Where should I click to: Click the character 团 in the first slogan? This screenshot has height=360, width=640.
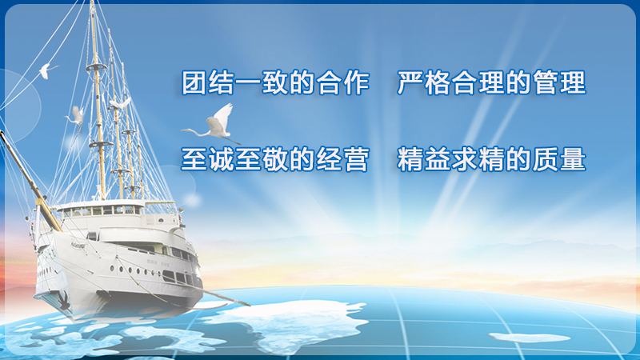[194, 83]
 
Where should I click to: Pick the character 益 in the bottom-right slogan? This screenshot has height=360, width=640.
[437, 159]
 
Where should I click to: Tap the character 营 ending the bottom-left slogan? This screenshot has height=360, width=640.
[356, 159]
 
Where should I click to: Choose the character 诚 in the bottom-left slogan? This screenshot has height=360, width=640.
[221, 159]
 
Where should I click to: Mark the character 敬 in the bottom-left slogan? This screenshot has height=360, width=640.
[275, 159]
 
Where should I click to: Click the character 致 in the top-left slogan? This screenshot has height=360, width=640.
[275, 83]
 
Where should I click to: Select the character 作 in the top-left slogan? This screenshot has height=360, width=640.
[356, 83]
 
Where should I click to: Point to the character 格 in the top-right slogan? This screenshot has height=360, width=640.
[437, 83]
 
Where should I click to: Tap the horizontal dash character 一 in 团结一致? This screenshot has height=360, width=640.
[248, 84]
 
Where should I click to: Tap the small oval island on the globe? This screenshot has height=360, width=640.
[529, 338]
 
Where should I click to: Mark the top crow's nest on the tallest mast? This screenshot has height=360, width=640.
[96, 67]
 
